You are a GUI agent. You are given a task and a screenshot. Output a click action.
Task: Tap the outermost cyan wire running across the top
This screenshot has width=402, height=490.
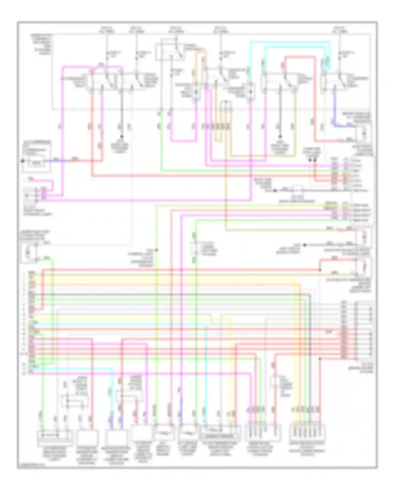(289, 42)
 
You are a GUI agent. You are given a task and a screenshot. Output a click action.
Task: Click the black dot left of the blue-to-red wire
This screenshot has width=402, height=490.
(23, 161)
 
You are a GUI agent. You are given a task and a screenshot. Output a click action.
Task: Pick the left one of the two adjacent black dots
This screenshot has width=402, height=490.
(310, 160)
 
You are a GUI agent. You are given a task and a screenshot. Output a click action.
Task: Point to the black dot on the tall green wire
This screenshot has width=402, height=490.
(157, 250)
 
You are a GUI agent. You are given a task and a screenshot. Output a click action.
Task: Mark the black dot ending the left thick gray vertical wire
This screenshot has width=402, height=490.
(122, 136)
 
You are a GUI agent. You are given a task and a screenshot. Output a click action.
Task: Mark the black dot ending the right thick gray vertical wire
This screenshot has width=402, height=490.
(280, 136)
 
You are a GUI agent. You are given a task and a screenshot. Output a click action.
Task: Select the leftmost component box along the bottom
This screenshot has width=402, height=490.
(55, 437)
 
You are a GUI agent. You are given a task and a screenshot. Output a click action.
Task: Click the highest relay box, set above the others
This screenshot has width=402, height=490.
(169, 51)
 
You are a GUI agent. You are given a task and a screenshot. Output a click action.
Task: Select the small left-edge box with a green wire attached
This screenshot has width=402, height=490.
(29, 252)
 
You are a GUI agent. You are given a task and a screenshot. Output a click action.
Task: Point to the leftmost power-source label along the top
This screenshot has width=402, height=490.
(107, 29)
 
